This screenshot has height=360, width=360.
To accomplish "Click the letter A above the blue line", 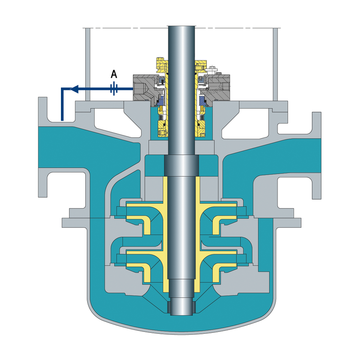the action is pyautogui.click(x=114, y=74).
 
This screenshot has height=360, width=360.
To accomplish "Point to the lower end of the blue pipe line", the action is pyautogui.click(x=62, y=120).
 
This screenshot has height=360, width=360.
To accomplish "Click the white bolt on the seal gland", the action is pyautogui.click(x=213, y=68).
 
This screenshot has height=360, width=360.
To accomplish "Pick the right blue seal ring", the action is pyautogui.click(x=203, y=100).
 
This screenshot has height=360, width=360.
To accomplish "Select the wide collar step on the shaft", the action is pyautogui.click(x=181, y=165).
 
